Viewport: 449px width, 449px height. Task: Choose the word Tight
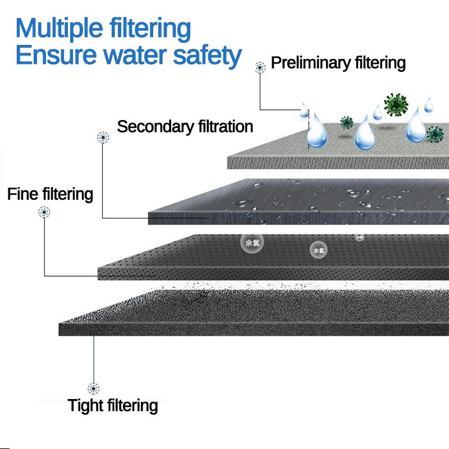pyautogui.click(x=87, y=405)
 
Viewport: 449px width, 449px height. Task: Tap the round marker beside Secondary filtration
pyautogui.click(x=103, y=137)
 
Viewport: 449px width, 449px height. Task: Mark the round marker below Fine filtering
pyautogui.click(x=44, y=212)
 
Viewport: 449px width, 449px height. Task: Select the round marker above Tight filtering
pyautogui.click(x=93, y=388)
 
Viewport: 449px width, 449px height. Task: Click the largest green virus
pyautogui.click(x=396, y=105)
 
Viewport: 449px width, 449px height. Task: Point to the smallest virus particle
pyautogui.click(x=346, y=122)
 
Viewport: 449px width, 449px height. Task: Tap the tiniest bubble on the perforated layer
pyautogui.click(x=359, y=237)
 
